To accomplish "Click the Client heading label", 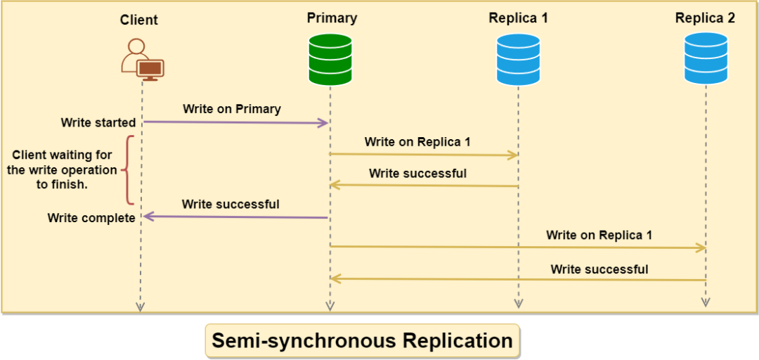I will [x=139, y=20].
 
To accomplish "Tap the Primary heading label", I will [x=332, y=18].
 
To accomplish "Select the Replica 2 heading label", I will [x=705, y=18].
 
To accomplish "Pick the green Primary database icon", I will [x=330, y=60].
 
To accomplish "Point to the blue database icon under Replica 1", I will [x=518, y=60].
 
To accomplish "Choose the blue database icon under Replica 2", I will [x=706, y=60].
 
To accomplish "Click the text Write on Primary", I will [x=232, y=109].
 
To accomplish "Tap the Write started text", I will [x=98, y=123].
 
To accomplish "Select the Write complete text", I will [x=91, y=218].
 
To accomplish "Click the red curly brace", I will [x=128, y=170].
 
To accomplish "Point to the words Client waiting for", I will [x=62, y=155].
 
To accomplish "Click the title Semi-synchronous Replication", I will [x=362, y=341].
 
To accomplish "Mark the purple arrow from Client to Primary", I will [x=235, y=123].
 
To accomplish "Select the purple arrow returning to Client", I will [x=235, y=217].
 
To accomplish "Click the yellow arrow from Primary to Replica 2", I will [x=518, y=247].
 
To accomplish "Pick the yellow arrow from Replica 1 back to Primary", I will [x=424, y=186].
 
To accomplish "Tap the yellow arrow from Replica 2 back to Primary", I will [x=518, y=279].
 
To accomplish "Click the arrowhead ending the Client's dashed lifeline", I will [x=141, y=307].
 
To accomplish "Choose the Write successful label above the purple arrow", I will [x=231, y=205].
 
